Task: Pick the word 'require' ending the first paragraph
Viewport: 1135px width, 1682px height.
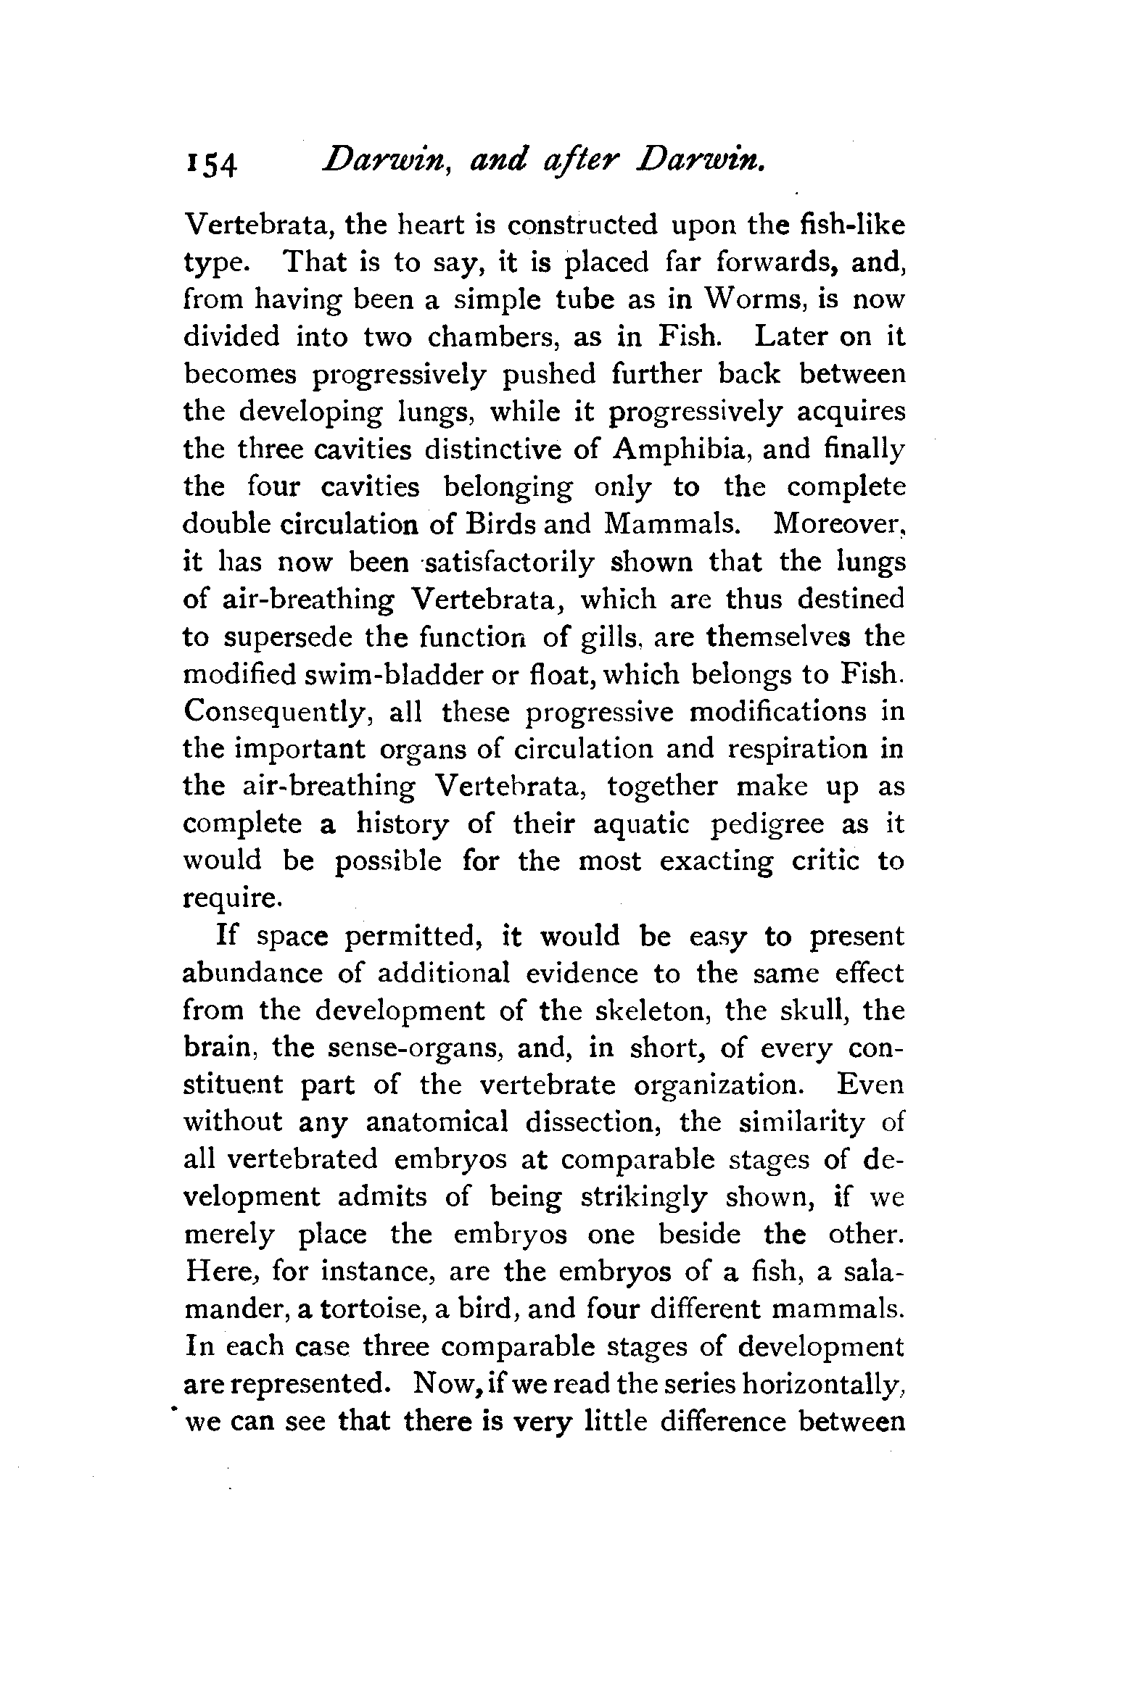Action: (x=228, y=900)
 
